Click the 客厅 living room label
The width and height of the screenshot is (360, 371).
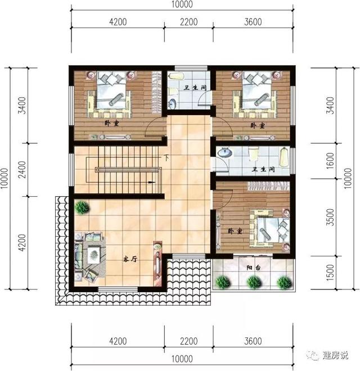(x=130, y=260)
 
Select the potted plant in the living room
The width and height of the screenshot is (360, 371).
(x=82, y=207)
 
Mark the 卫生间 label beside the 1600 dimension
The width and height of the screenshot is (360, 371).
(x=262, y=169)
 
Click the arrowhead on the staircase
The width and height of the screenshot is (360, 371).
(x=152, y=183)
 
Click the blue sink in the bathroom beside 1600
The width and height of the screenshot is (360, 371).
(x=226, y=152)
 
